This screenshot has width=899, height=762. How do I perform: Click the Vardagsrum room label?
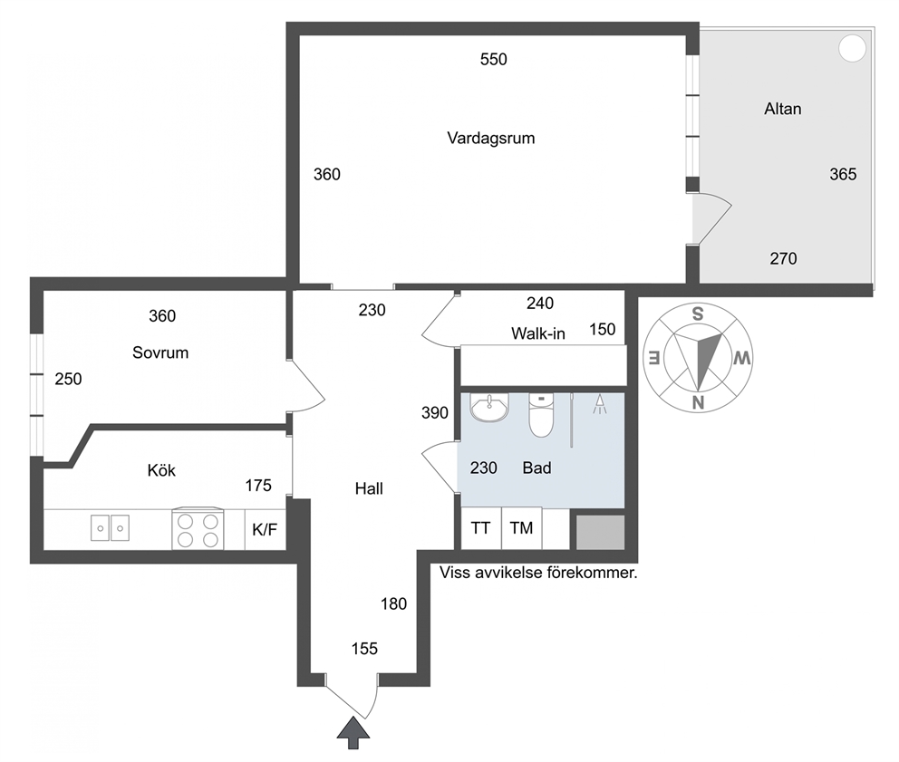pos(491,139)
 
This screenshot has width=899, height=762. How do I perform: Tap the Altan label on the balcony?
pos(783,109)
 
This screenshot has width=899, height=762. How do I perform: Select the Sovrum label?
pos(160,352)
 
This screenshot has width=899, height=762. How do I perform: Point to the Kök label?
pos(161,470)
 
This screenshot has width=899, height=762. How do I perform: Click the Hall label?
pos(369,488)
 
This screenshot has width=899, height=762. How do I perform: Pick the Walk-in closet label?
pos(537,333)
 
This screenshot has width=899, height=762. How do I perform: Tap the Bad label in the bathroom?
pos(536,468)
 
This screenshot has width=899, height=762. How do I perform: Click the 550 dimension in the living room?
pos(494,60)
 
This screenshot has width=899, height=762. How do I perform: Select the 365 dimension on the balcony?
pos(843,174)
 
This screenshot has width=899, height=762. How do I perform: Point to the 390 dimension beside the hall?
pos(435,413)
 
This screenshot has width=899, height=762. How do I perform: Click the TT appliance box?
pos(481,528)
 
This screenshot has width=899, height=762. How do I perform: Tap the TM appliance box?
pos(521,528)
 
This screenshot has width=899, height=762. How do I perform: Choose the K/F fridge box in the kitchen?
pos(265,530)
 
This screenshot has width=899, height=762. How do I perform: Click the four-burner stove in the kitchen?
pos(198,529)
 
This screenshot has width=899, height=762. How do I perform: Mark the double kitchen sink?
pos(110,527)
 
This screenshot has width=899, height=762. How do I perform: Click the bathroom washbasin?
pos(489,407)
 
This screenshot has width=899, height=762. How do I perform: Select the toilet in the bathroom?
pos(541,415)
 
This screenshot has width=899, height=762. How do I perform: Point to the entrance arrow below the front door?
pos(353,733)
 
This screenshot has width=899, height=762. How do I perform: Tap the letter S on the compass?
pos(697,314)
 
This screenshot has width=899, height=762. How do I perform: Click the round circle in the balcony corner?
pos(852,48)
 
